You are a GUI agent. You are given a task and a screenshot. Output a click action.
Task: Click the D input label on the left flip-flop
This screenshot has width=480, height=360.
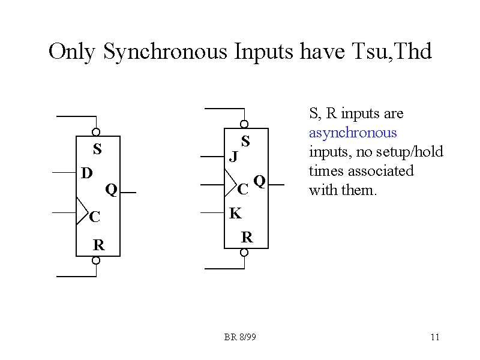87,173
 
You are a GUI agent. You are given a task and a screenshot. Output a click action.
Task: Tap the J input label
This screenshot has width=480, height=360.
234,157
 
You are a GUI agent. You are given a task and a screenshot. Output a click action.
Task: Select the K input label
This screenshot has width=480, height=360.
235,213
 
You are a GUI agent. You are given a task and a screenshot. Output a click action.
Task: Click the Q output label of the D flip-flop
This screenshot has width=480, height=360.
111,190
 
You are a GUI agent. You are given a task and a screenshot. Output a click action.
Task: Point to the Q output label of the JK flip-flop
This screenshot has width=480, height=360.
259,181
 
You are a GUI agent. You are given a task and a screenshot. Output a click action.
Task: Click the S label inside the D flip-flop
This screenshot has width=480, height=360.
97,149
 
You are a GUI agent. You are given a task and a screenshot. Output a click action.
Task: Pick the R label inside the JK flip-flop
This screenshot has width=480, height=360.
247,238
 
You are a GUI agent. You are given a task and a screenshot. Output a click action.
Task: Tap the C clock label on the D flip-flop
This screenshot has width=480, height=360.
94,217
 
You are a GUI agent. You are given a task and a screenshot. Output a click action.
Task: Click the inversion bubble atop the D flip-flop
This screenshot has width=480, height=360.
96,132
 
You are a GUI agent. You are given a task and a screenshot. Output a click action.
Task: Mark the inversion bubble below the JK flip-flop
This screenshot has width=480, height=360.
244,253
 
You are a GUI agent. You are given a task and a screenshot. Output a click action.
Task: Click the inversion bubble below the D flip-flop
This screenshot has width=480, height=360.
96,260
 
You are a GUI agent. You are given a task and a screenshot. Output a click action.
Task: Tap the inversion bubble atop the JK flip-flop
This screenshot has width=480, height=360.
244,124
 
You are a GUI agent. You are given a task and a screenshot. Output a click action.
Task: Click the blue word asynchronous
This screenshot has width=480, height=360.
353,133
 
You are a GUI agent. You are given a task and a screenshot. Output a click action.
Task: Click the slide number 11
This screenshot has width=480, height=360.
435,337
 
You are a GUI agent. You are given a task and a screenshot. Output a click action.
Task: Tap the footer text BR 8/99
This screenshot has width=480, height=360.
240,337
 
